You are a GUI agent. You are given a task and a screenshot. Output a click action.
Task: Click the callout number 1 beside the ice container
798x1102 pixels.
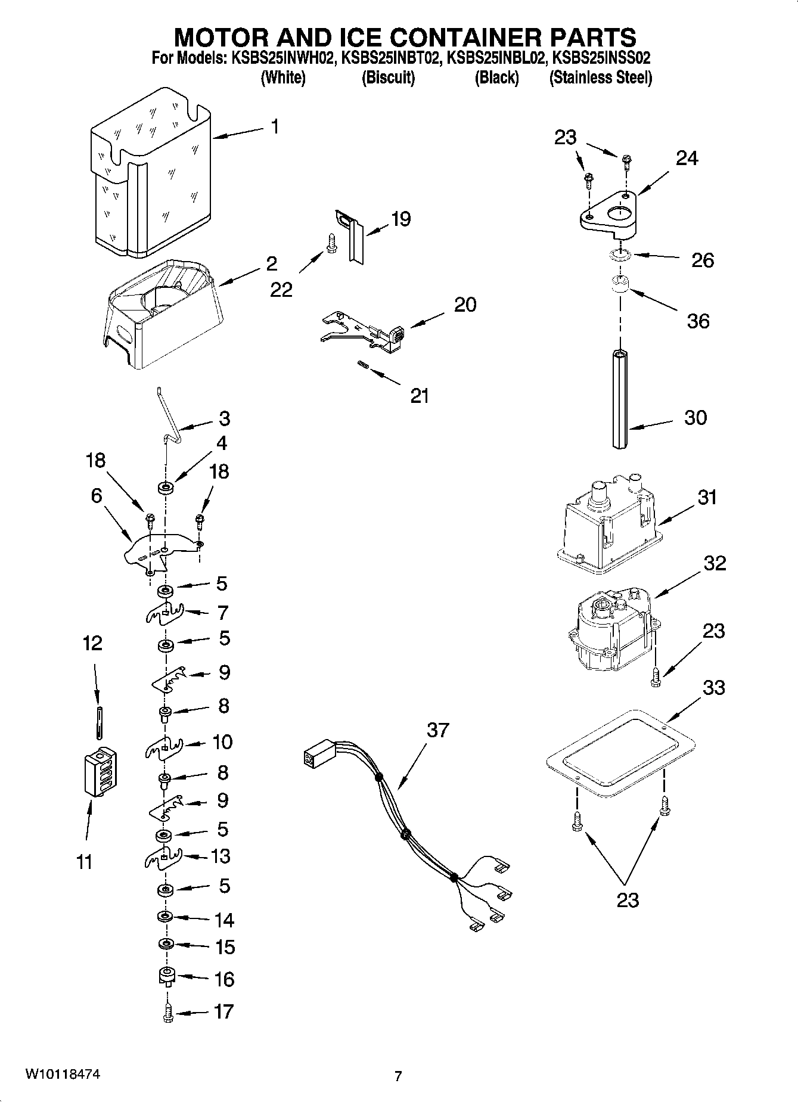275,126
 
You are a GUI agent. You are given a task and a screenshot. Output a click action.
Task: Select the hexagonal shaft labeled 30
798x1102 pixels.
620,399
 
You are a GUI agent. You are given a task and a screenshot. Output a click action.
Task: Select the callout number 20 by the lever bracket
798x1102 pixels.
465,305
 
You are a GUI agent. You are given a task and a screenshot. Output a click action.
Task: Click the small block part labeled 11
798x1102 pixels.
100,772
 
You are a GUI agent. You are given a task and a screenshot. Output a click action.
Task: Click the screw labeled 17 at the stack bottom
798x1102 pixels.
167,1013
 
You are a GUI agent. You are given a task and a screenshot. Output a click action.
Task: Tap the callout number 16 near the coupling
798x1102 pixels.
224,979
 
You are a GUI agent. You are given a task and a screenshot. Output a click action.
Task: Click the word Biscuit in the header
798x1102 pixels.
388,77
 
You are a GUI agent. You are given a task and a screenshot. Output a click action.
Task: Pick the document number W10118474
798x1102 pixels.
62,1075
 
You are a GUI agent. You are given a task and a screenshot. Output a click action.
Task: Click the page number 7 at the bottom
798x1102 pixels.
398,1076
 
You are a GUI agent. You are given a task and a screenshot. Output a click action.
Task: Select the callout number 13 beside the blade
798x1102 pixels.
221,856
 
